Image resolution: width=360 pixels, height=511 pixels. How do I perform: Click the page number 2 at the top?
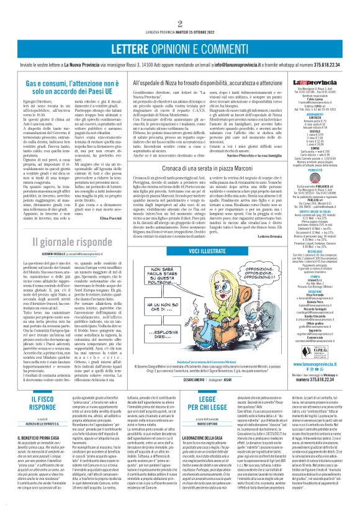tap(180, 7)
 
